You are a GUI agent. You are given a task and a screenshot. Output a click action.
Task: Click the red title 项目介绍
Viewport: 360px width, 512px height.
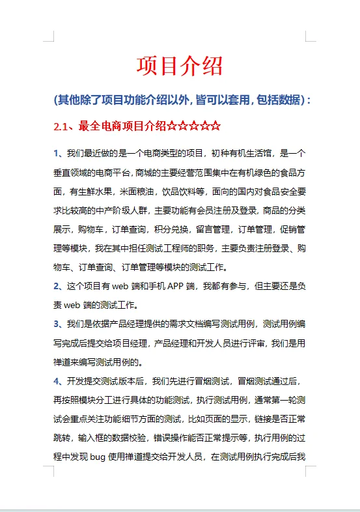pos(180,66)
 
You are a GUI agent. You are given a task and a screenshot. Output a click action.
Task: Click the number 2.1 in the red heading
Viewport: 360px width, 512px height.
pos(62,125)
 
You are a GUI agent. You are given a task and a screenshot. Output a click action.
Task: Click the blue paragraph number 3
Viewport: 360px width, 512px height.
pos(57,323)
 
